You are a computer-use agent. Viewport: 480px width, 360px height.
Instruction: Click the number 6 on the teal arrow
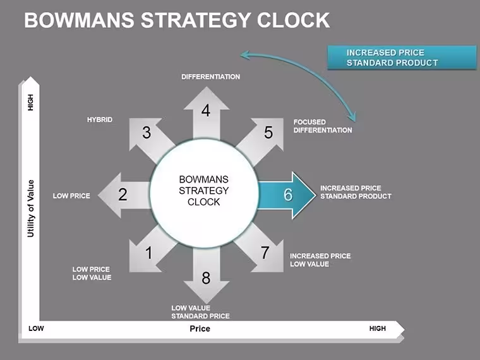click(x=288, y=195)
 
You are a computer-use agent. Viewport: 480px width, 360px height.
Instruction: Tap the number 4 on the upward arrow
click(x=206, y=111)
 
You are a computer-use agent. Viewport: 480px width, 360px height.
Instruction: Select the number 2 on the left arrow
click(x=123, y=195)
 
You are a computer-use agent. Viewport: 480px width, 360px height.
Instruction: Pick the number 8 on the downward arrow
click(x=206, y=278)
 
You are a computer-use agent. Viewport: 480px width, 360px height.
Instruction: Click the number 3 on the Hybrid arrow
click(x=147, y=133)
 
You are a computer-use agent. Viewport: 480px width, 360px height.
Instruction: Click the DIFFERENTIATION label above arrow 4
click(x=210, y=77)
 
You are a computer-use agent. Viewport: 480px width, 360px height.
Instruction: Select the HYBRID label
click(x=100, y=120)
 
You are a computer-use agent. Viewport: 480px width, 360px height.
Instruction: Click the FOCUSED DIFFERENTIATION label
click(x=323, y=126)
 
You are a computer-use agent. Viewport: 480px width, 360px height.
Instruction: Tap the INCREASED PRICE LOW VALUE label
click(x=320, y=260)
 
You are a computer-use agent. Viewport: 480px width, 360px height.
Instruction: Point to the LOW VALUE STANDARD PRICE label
click(x=200, y=312)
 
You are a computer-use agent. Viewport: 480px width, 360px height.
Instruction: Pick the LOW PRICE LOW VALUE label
click(x=92, y=273)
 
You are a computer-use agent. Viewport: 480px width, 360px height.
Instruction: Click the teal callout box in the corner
click(x=402, y=57)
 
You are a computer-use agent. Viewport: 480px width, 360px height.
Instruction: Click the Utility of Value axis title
click(x=30, y=208)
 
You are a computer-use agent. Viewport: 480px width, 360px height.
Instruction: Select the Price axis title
click(x=200, y=329)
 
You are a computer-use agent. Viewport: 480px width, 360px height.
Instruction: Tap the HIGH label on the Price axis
click(x=378, y=328)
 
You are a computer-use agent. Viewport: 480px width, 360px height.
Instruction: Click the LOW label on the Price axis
click(x=36, y=328)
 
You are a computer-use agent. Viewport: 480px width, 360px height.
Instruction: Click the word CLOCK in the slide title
click(x=293, y=20)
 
